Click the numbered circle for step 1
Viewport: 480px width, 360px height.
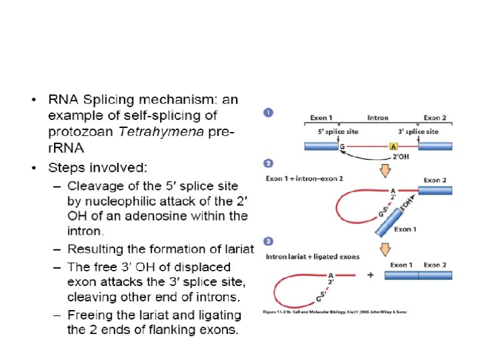tap(268, 113)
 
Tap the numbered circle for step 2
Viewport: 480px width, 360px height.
tap(268, 163)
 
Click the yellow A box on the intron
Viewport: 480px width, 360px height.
tap(393, 147)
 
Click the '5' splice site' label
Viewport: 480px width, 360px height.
tap(337, 131)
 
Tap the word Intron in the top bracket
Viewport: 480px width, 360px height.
tap(377, 118)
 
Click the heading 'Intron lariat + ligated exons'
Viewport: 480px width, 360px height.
tap(313, 257)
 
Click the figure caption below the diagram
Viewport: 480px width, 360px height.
tap(335, 311)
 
